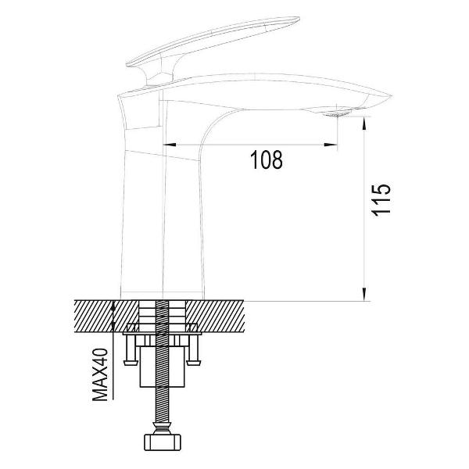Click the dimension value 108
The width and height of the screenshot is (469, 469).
pyautogui.click(x=267, y=160)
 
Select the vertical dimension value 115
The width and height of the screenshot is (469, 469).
pyautogui.click(x=381, y=199)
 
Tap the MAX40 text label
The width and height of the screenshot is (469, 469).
pyautogui.click(x=100, y=374)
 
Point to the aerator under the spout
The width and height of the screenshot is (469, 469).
pyautogui.click(x=338, y=114)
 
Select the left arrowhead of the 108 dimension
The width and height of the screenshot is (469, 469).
pyautogui.click(x=169, y=145)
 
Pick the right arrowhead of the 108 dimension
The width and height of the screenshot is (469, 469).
pyautogui.click(x=331, y=145)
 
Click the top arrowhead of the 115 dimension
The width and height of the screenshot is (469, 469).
pyautogui.click(x=364, y=123)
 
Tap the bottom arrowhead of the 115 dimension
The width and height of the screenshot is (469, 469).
pyautogui.click(x=364, y=294)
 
